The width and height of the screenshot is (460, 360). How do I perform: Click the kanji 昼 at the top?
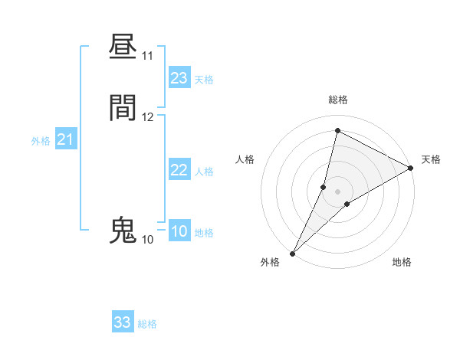[123, 47]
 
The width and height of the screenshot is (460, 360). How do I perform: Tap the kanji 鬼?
[123, 230]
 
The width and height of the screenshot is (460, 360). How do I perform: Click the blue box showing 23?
[179, 78]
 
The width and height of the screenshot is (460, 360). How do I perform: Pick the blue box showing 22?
[179, 170]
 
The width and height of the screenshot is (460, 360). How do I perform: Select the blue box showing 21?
[65, 139]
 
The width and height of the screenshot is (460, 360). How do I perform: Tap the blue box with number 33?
[123, 322]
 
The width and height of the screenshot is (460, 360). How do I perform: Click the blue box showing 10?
[179, 231]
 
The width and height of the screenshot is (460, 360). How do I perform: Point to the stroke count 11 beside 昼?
[148, 56]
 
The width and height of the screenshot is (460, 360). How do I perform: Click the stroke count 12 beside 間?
[148, 117]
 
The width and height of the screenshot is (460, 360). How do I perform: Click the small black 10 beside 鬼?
[147, 240]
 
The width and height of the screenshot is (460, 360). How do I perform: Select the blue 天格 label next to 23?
[204, 80]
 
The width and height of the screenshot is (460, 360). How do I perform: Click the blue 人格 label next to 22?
[204, 172]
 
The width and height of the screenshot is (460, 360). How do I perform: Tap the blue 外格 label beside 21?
[41, 141]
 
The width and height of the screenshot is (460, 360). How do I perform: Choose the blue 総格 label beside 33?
[147, 324]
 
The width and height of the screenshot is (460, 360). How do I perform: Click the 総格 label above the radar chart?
[337, 100]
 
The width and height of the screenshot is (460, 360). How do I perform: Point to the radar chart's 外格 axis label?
[270, 262]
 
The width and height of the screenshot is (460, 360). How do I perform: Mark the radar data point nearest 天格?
[411, 169]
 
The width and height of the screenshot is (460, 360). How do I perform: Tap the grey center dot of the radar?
[337, 191]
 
